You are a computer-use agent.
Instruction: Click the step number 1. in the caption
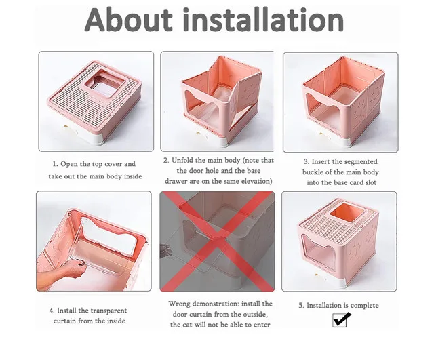[55, 164]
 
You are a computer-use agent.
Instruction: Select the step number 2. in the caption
[166, 161]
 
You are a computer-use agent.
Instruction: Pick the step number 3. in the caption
[307, 162]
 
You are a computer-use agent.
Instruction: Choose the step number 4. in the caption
[52, 310]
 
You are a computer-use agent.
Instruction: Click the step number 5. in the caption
[302, 306]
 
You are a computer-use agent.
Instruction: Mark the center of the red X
[217, 241]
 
